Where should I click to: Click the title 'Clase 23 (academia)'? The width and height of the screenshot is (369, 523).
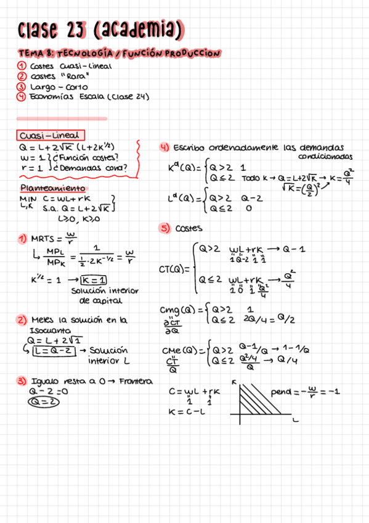[101, 29]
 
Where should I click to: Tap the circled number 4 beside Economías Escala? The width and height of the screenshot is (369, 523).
[21, 96]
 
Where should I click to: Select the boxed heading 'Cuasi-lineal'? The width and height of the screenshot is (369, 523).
[51, 135]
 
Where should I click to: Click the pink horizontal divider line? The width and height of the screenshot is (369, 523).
[62, 118]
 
